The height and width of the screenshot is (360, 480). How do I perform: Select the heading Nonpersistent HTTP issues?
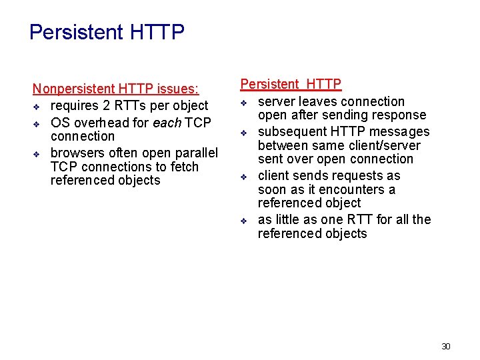[x=115, y=89]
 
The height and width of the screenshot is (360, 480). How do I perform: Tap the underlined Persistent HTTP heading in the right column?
[x=291, y=84]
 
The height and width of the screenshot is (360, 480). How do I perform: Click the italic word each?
[x=167, y=123]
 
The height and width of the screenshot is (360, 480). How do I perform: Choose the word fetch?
[x=182, y=167]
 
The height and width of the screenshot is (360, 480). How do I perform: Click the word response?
[x=399, y=115]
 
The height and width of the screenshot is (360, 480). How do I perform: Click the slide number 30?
[x=446, y=346]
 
